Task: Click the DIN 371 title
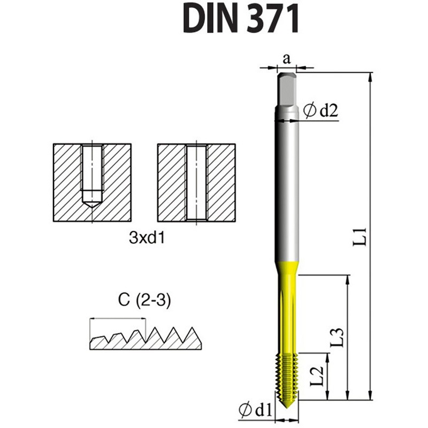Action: [x=241, y=19]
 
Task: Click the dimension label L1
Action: [x=362, y=235]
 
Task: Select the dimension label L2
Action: [x=317, y=377]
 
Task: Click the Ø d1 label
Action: [x=256, y=410]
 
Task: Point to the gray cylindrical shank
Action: [x=287, y=187]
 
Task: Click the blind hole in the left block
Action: [x=92, y=171]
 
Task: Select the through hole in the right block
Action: [x=196, y=182]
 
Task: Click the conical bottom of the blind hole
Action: [x=92, y=204]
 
